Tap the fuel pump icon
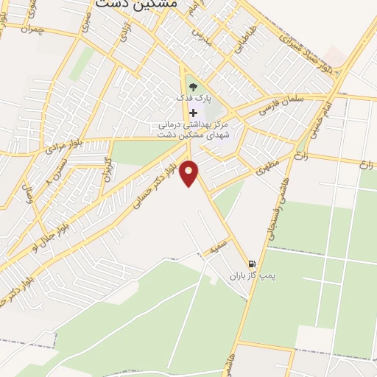(253, 264)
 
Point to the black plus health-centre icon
(194, 112)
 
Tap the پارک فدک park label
(194, 98)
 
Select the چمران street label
(34, 30)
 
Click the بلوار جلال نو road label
(49, 236)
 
